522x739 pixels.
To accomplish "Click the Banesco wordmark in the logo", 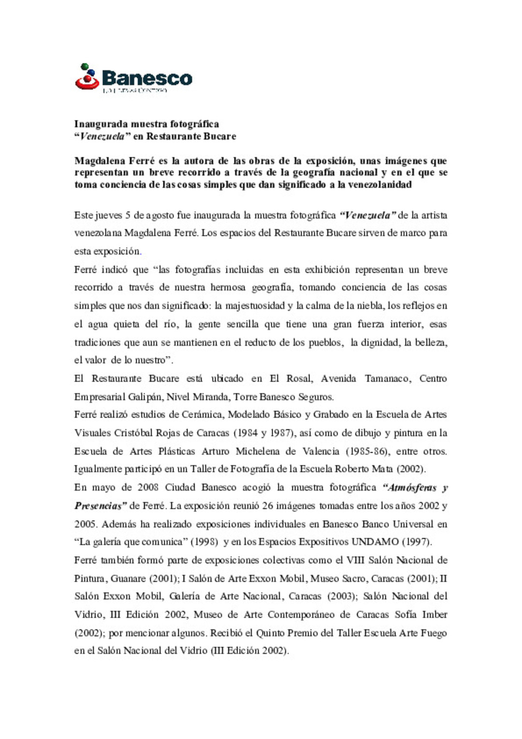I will [147, 78].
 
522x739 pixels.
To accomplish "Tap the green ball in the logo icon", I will [85, 67].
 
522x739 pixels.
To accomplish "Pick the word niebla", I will [370, 306].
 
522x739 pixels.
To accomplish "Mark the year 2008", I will [148, 488].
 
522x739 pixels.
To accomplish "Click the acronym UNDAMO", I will [375, 542].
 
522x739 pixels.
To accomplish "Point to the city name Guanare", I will [128, 578].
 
